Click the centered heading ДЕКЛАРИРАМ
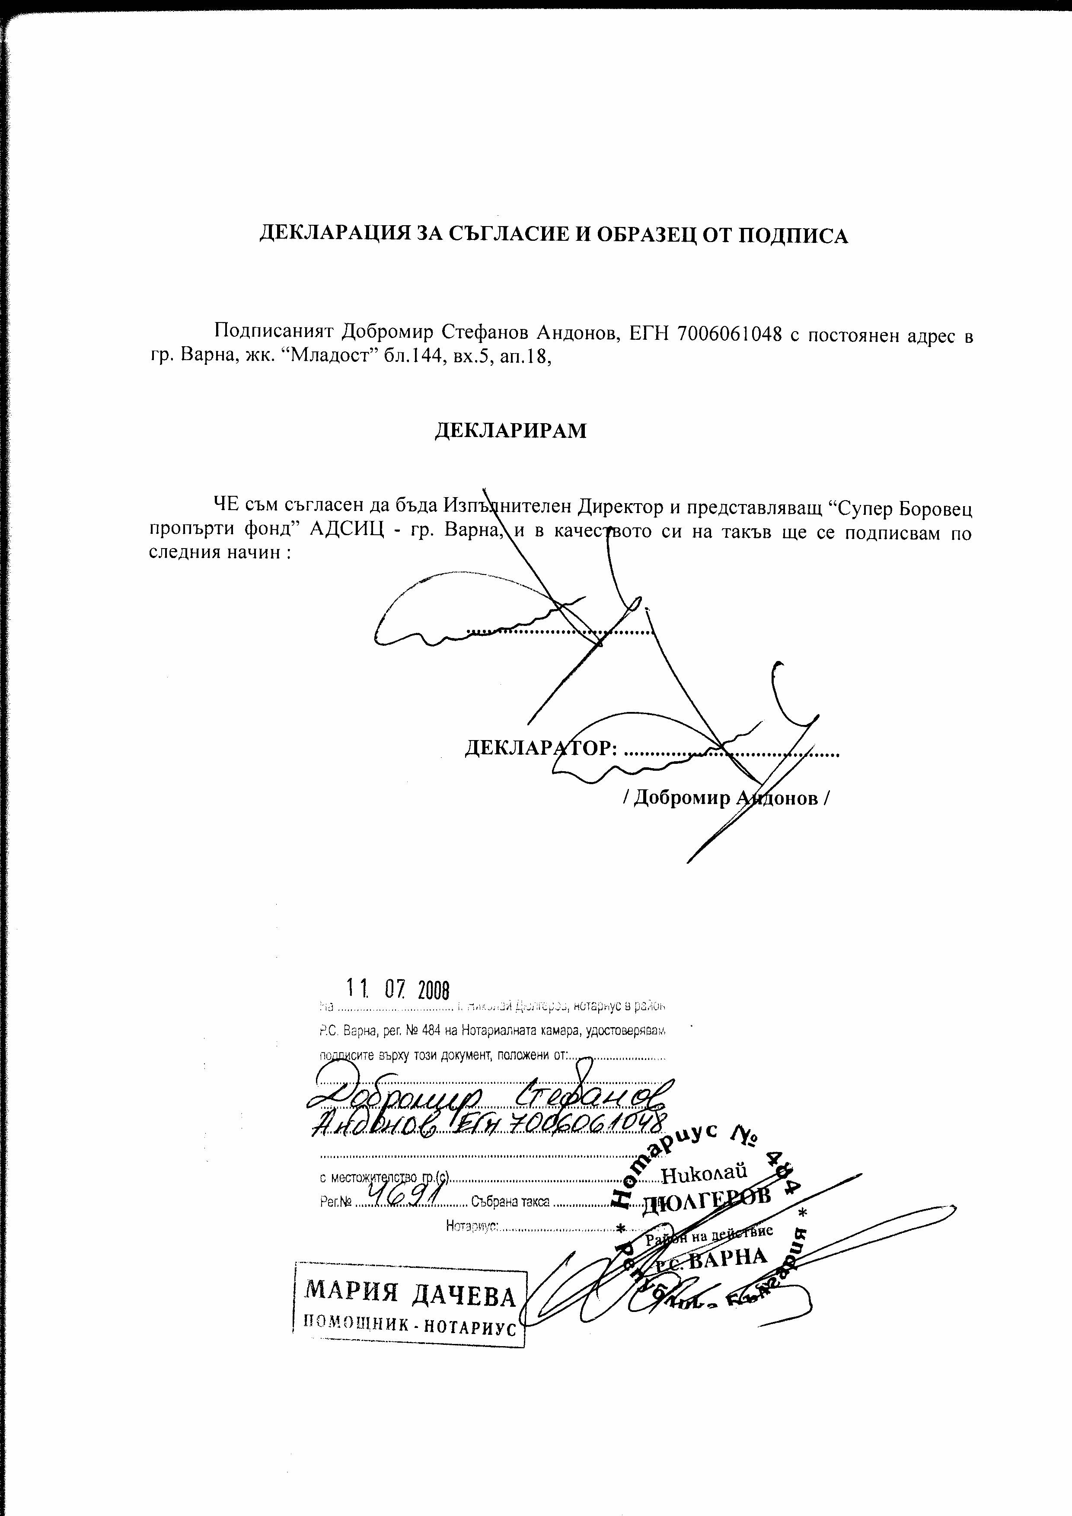pyautogui.click(x=510, y=431)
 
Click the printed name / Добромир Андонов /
pyautogui.click(x=726, y=798)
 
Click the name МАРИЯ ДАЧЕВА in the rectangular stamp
pyautogui.click(x=409, y=1297)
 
